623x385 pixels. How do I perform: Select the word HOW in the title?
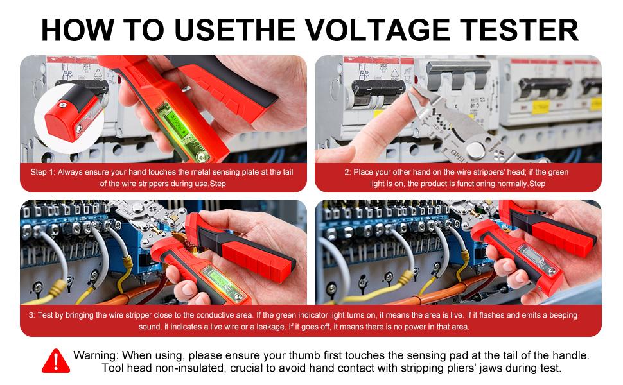[78, 30]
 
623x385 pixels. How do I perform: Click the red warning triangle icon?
[56, 361]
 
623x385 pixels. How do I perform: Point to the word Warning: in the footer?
[96, 355]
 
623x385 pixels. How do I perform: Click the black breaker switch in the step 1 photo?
[83, 86]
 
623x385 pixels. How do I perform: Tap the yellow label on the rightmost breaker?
[595, 103]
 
